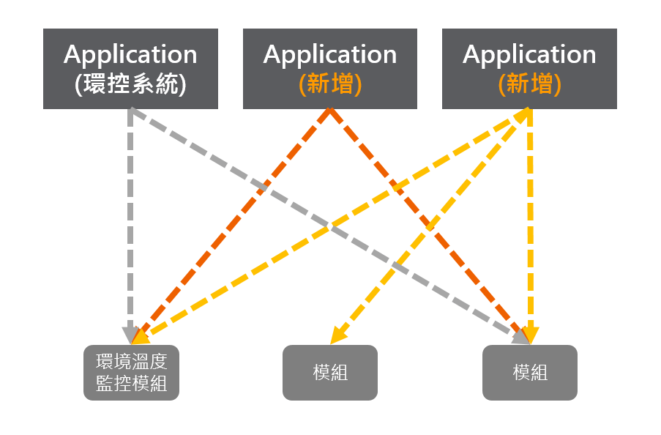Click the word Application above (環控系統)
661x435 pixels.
[x=130, y=54]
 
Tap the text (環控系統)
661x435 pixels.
[x=130, y=85]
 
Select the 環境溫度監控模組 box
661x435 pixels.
[x=131, y=373]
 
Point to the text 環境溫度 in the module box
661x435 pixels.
[x=131, y=362]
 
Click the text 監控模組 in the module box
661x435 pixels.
[x=131, y=383]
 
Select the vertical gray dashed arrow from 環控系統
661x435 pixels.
[x=130, y=220]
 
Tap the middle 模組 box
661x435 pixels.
[x=330, y=373]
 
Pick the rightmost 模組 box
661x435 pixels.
[x=530, y=373]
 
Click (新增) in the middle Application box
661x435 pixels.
[x=330, y=85]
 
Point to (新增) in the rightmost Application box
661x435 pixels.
[x=530, y=85]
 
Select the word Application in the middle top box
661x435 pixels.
[x=330, y=54]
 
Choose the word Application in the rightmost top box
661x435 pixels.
[x=530, y=54]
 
